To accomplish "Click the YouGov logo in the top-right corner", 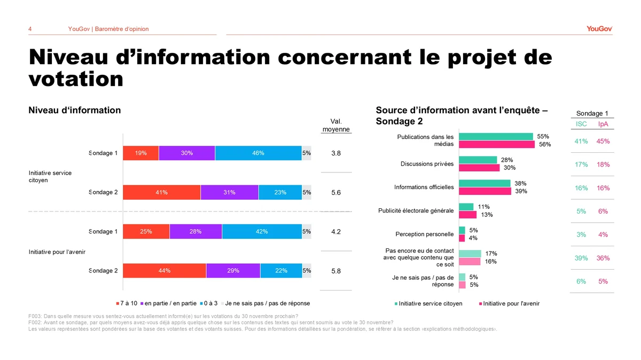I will (x=599, y=29).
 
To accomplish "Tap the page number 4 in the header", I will (x=30, y=29).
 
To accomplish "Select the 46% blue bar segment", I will (x=258, y=153).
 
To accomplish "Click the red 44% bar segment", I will (x=165, y=271).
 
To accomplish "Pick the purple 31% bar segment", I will (x=230, y=192).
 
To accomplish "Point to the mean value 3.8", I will (x=336, y=154).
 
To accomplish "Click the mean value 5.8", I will (x=336, y=271).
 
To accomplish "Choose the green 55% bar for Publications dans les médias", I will (x=496, y=137).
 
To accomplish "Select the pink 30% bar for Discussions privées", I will (x=479, y=168).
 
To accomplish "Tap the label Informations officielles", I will (x=424, y=187).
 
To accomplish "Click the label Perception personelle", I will (x=425, y=234).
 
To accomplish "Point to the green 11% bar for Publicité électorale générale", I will (x=466, y=207).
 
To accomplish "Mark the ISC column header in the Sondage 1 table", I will (x=581, y=124).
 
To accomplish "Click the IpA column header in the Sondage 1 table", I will (x=603, y=124).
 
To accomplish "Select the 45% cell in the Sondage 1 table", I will (x=603, y=142).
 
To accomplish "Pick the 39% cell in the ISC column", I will (x=581, y=259).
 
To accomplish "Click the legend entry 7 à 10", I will (x=127, y=303).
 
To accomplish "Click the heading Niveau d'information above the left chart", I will (x=74, y=111).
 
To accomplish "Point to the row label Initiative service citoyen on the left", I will (x=50, y=176).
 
